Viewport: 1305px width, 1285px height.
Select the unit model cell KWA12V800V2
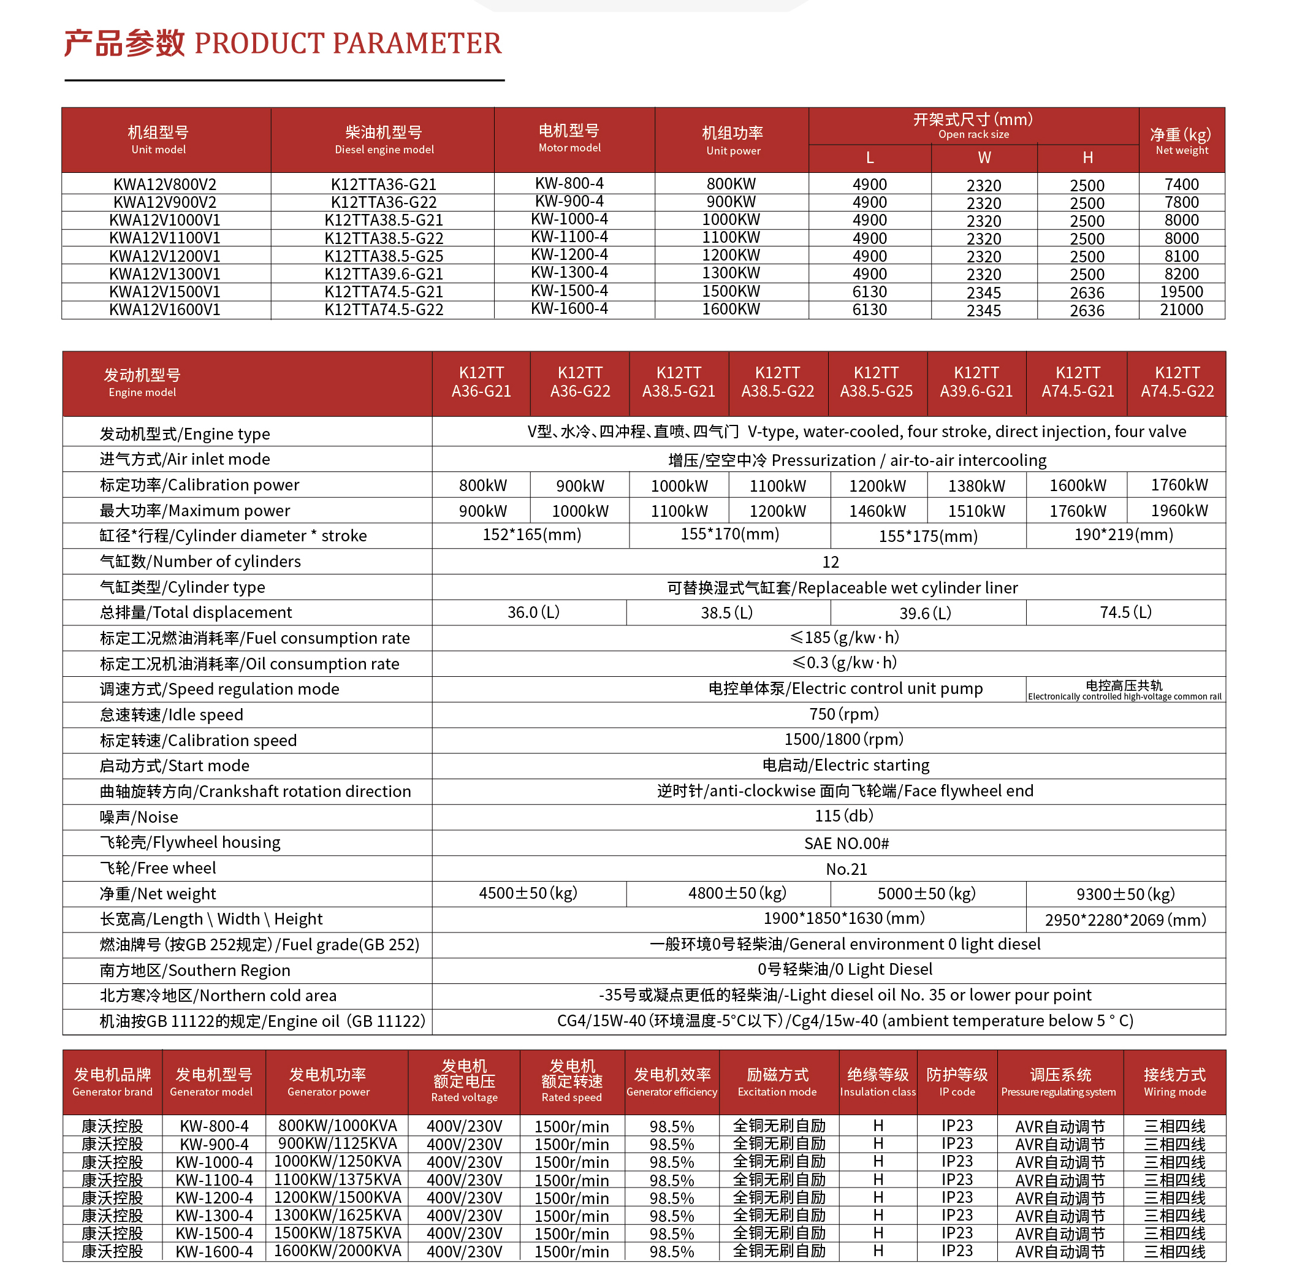point(165,185)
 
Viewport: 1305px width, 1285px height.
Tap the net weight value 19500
point(1181,292)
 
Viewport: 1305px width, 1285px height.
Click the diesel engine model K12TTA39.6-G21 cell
point(383,274)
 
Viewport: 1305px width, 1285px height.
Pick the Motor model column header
point(569,139)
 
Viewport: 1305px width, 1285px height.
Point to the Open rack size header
point(972,126)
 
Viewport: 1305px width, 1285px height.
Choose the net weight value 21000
point(1181,310)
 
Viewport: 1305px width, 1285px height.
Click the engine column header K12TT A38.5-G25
point(876,382)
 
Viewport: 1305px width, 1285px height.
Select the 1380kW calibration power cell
point(976,486)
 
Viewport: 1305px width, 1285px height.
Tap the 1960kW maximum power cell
point(1179,511)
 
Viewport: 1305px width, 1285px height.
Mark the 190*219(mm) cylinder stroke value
point(1124,535)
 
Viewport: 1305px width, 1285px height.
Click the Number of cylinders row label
point(200,562)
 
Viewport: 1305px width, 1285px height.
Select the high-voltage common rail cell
point(1124,690)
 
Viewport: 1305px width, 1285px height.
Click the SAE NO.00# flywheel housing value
point(846,844)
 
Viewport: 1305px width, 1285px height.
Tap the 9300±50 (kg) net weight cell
point(1125,894)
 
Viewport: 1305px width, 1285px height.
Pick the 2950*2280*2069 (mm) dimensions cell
point(1125,920)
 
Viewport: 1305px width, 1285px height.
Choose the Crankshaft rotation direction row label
point(255,791)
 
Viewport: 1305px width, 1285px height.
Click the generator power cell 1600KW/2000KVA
point(337,1251)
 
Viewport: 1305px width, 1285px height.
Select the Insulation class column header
point(877,1082)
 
